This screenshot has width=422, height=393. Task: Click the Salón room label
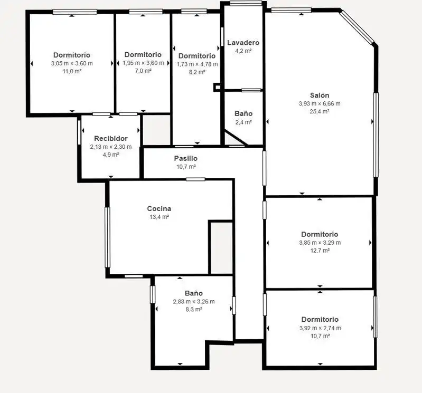(x=320, y=95)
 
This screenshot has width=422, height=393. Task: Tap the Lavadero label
(x=243, y=43)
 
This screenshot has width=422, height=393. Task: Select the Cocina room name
(x=159, y=208)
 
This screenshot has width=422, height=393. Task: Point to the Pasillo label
(x=186, y=158)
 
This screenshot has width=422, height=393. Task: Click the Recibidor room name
(x=111, y=138)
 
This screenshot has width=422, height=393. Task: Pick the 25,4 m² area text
(x=320, y=111)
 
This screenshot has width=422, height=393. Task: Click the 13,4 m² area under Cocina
(x=159, y=217)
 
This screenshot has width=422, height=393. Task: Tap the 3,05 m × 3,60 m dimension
(x=72, y=63)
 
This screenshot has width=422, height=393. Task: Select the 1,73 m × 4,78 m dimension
(x=197, y=64)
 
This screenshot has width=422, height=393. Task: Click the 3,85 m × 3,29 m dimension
(x=320, y=243)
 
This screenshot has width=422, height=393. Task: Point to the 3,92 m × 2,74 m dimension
(x=320, y=328)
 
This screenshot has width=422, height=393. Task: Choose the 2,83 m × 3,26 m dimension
(x=194, y=302)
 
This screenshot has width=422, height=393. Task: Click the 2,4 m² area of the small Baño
(x=243, y=122)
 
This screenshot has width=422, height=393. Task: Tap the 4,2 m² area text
(x=243, y=51)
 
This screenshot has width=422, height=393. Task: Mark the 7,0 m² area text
(x=143, y=71)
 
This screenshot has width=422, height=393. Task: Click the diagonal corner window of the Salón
(x=357, y=27)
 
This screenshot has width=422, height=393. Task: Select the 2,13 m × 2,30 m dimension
(x=111, y=147)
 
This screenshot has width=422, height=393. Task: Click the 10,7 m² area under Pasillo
(x=186, y=167)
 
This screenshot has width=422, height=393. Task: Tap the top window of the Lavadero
(x=246, y=3)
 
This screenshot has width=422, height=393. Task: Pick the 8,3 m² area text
(x=194, y=310)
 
